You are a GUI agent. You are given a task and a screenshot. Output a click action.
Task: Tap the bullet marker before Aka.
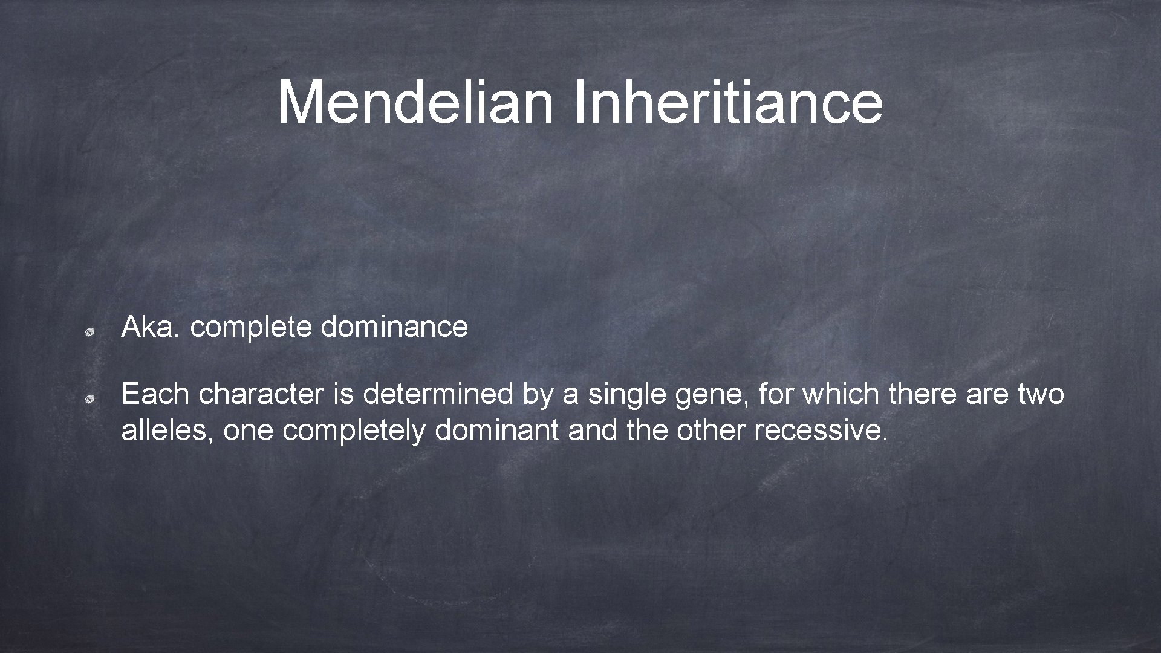[x=88, y=331]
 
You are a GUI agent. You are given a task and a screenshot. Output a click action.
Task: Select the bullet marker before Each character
[x=88, y=398]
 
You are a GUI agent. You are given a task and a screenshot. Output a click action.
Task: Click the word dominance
[x=394, y=327]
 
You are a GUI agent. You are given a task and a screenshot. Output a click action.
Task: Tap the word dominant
[x=496, y=430]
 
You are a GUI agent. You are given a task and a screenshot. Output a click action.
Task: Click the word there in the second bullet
[x=922, y=394]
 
